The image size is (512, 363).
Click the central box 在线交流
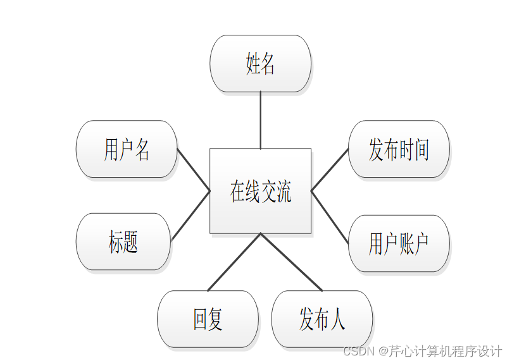pos(260,190)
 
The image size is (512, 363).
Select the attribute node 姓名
pos(260,63)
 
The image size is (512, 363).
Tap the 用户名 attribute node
pos(126,149)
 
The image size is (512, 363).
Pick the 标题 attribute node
pos(123,242)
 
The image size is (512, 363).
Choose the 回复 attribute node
pos(208,319)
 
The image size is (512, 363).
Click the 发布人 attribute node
pos(322,319)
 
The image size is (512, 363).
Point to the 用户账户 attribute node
pos(399,243)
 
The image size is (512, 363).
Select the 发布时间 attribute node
pos(399,149)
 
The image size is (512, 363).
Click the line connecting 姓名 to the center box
pos(260,120)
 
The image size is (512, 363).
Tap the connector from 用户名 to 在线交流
pos(193,169)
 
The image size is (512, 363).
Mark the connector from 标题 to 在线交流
pos(190,215)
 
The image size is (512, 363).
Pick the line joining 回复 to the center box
pos(234,262)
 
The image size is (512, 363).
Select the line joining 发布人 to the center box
pos(291,262)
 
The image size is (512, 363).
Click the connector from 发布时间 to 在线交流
pos(330,169)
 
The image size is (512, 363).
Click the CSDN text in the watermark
pos(356,350)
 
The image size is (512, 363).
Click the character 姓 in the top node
pos(253,63)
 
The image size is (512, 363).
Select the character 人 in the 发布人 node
pos(337,319)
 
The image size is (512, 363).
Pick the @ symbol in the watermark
pos(383,350)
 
